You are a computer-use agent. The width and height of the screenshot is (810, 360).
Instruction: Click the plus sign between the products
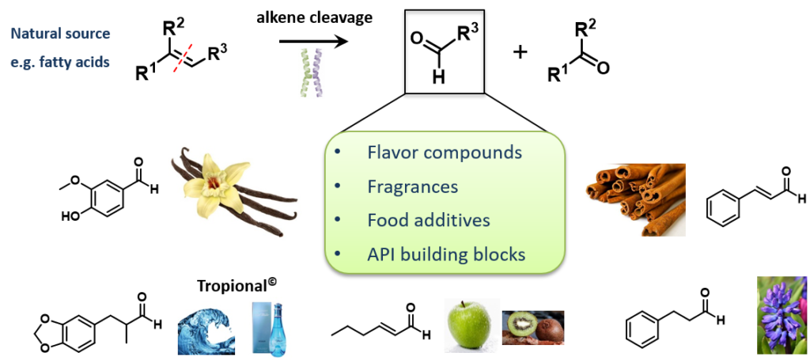[520, 53]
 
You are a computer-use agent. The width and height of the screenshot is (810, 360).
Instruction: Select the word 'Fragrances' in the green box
[413, 187]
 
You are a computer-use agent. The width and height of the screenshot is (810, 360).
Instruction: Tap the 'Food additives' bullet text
[428, 220]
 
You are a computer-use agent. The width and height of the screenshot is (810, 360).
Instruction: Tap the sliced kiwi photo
[532, 330]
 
